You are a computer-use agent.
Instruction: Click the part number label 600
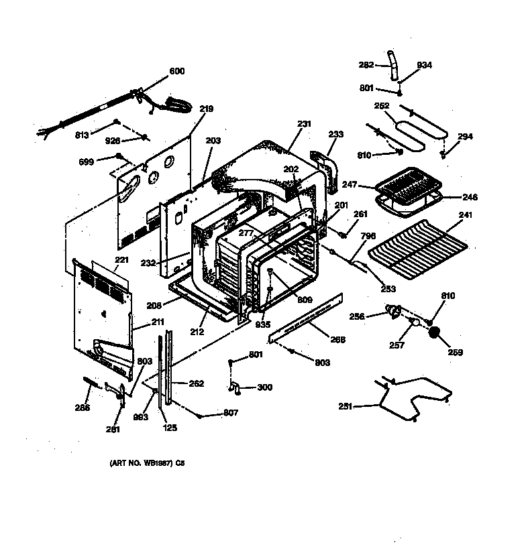pos(176,71)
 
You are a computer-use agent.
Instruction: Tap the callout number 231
pos(305,123)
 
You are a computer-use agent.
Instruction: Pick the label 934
pos(425,65)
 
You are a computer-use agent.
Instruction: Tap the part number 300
pos(265,387)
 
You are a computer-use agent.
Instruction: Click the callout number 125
pos(170,427)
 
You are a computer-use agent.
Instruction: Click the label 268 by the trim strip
pos(338,341)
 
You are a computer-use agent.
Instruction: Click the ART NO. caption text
pos(146,463)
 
